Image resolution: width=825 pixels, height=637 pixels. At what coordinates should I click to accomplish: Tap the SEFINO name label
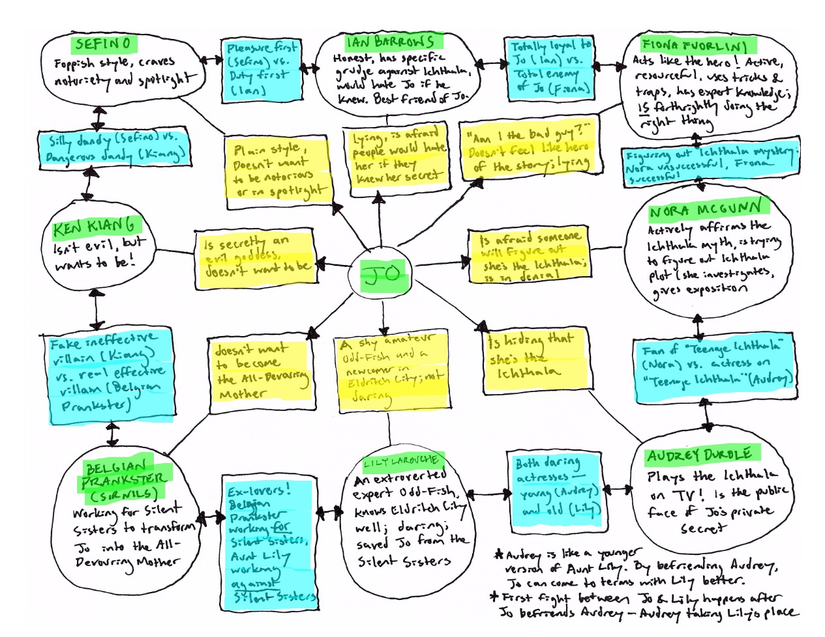point(103,44)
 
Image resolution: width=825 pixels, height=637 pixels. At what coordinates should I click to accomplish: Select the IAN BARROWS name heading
point(390,42)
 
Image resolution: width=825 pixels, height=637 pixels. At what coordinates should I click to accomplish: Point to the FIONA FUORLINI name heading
point(693,46)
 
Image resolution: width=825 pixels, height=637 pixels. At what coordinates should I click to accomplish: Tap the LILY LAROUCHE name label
point(401,462)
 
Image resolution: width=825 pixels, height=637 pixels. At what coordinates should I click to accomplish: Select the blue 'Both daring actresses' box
point(555,485)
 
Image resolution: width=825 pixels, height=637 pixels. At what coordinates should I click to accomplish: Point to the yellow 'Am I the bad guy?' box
point(529,151)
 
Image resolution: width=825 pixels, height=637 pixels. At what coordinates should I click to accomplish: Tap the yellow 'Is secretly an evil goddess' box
point(255,259)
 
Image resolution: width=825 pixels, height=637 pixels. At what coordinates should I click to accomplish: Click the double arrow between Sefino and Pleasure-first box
point(210,60)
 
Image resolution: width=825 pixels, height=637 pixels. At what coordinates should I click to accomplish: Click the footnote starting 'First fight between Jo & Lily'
point(646,605)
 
